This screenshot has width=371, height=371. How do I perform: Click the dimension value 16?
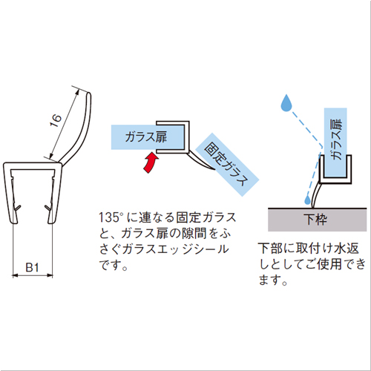click(56, 120)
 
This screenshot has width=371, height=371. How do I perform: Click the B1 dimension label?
click(32, 267)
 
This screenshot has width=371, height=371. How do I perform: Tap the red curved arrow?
click(151, 162)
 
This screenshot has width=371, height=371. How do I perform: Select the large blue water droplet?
click(286, 103)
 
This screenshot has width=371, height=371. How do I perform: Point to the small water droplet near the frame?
click(307, 199)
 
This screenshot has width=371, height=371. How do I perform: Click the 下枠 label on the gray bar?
click(315, 220)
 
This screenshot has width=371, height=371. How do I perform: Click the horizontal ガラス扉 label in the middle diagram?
click(146, 137)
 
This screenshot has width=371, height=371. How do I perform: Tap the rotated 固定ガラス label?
click(226, 164)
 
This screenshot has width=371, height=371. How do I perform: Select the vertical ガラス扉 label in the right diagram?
click(336, 139)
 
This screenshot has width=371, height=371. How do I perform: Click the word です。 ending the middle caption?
click(114, 265)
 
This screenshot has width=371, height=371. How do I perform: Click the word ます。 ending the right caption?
click(273, 280)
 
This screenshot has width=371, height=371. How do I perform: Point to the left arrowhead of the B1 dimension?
click(15, 275)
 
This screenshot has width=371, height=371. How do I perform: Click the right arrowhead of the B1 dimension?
click(50, 275)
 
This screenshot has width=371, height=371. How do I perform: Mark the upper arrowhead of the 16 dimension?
click(78, 92)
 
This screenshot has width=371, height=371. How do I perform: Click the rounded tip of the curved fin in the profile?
click(89, 94)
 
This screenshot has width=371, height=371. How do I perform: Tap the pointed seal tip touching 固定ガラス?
click(214, 170)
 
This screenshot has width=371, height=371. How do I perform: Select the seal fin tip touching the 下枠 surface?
click(312, 207)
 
